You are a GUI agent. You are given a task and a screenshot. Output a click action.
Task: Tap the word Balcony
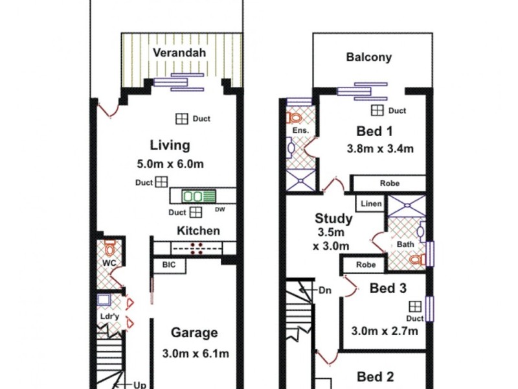pos(368,57)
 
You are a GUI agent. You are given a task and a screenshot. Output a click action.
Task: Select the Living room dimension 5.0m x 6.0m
pos(170,164)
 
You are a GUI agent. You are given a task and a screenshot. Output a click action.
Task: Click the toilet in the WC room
pos(109,247)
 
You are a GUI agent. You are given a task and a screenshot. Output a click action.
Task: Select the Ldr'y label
pos(108,316)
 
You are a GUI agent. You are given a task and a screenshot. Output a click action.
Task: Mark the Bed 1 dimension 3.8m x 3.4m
pos(380,148)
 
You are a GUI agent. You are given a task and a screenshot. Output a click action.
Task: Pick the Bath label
pos(405,244)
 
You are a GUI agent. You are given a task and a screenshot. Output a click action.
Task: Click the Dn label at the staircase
pos(324,290)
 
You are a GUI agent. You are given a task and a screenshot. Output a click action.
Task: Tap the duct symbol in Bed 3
pos(415,307)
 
